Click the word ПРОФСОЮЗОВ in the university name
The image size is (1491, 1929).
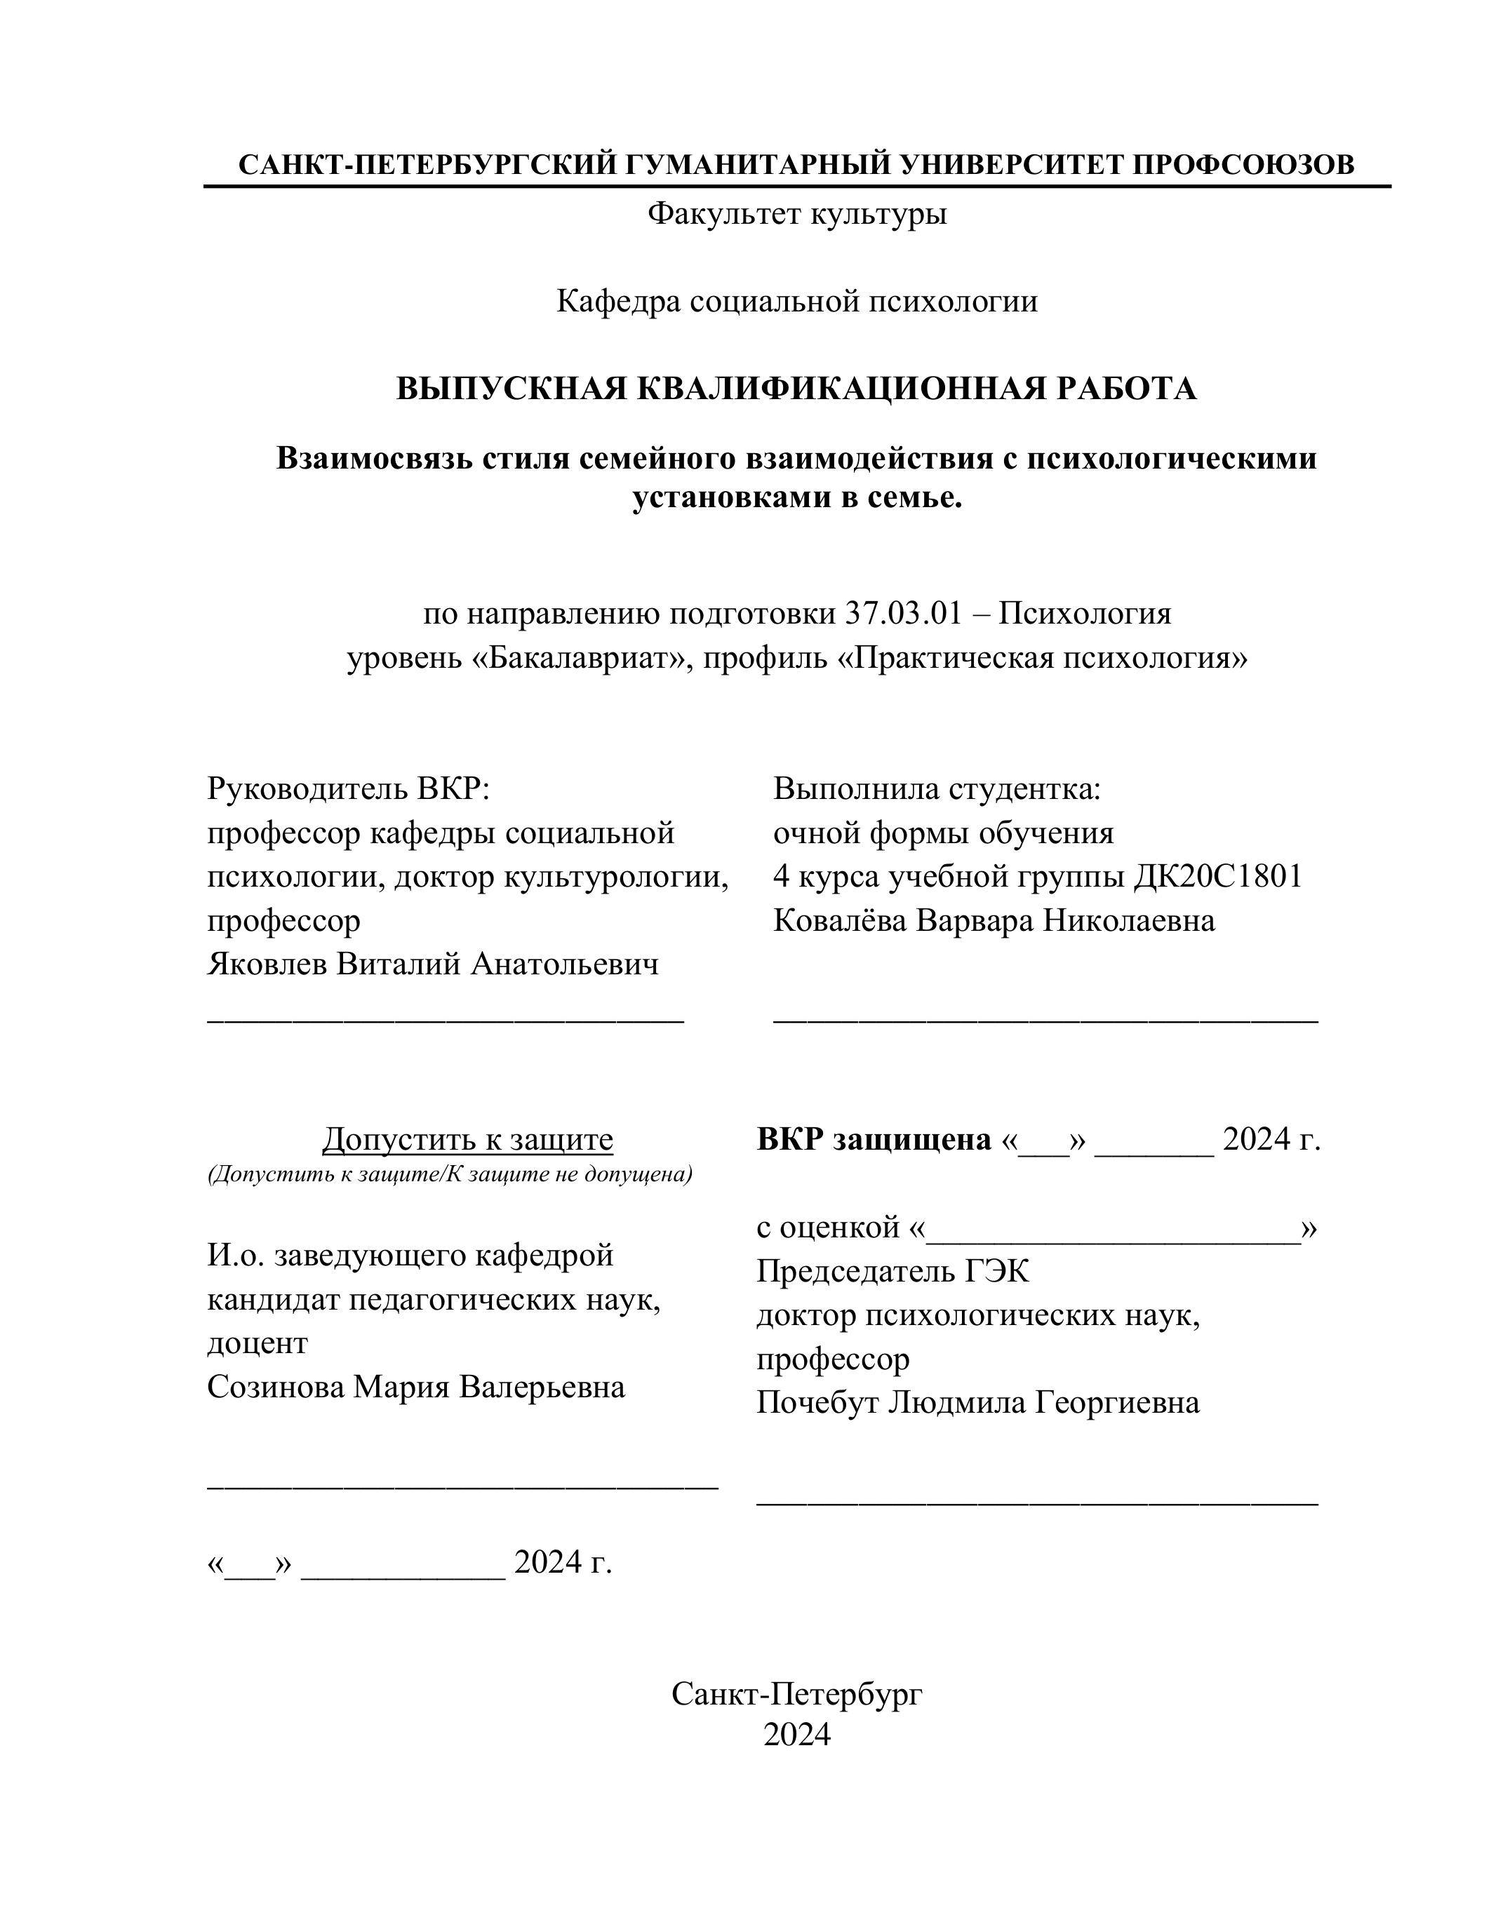(x=1243, y=164)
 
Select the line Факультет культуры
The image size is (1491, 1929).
(x=797, y=214)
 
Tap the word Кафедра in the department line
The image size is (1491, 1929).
(x=618, y=302)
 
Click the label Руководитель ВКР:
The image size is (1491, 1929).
(x=348, y=788)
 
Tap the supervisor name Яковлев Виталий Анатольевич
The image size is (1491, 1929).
(x=433, y=964)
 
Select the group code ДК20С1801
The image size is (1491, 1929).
(x=1217, y=876)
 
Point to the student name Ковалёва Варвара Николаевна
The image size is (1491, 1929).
(x=994, y=920)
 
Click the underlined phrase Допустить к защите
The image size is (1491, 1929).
(x=467, y=1139)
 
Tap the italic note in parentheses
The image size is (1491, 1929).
(x=450, y=1175)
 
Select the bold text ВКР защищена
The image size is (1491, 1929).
(x=874, y=1139)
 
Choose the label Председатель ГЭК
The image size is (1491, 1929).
(x=892, y=1272)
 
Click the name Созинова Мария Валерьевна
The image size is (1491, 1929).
(x=416, y=1387)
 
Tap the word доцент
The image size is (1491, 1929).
(x=258, y=1343)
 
